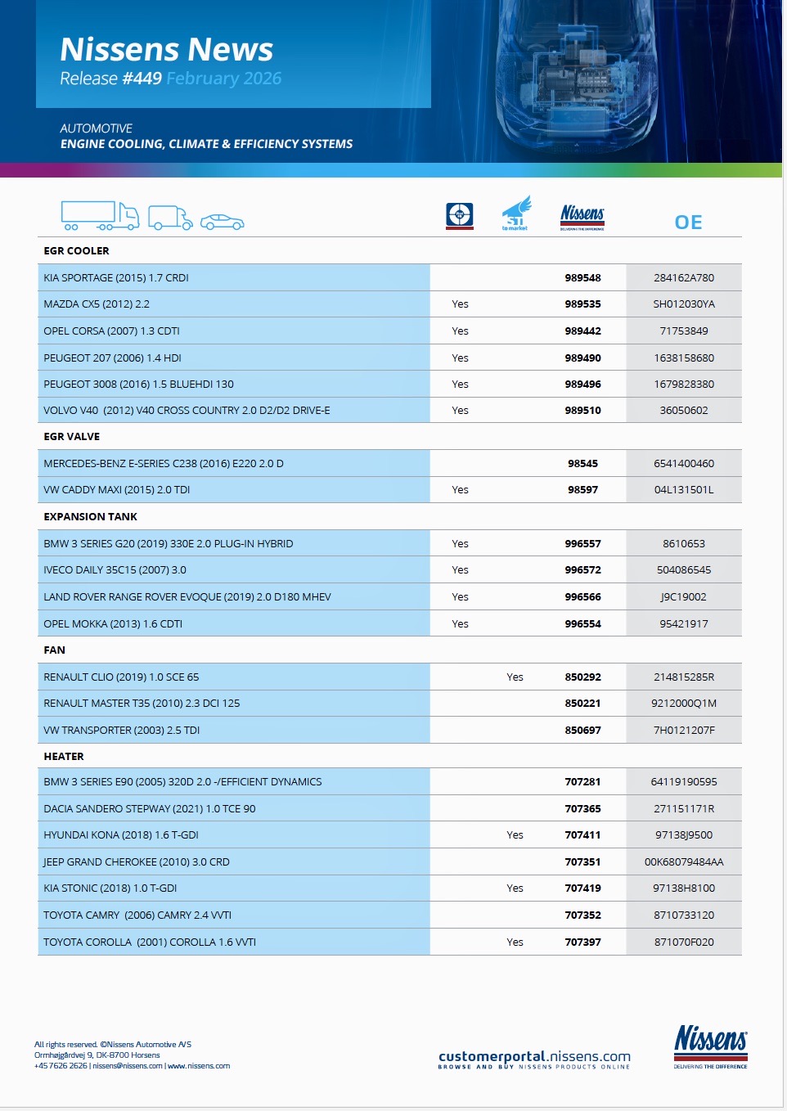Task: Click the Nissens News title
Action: (166, 50)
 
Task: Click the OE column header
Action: (688, 223)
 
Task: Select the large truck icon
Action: (99, 216)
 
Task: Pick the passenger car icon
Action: (222, 222)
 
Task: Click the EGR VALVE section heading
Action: (72, 437)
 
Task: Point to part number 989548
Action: (582, 278)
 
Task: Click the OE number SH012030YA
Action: (684, 304)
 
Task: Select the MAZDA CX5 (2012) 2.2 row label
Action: (97, 304)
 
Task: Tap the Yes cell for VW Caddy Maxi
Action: (461, 490)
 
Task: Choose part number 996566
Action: (582, 597)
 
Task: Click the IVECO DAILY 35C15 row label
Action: (115, 570)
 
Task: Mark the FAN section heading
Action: (55, 650)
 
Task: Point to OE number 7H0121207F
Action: (684, 731)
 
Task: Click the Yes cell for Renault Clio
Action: (515, 677)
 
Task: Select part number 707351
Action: (582, 862)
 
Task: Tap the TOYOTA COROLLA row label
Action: (150, 942)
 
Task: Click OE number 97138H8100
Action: (684, 888)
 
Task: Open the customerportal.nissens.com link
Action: (534, 1057)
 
